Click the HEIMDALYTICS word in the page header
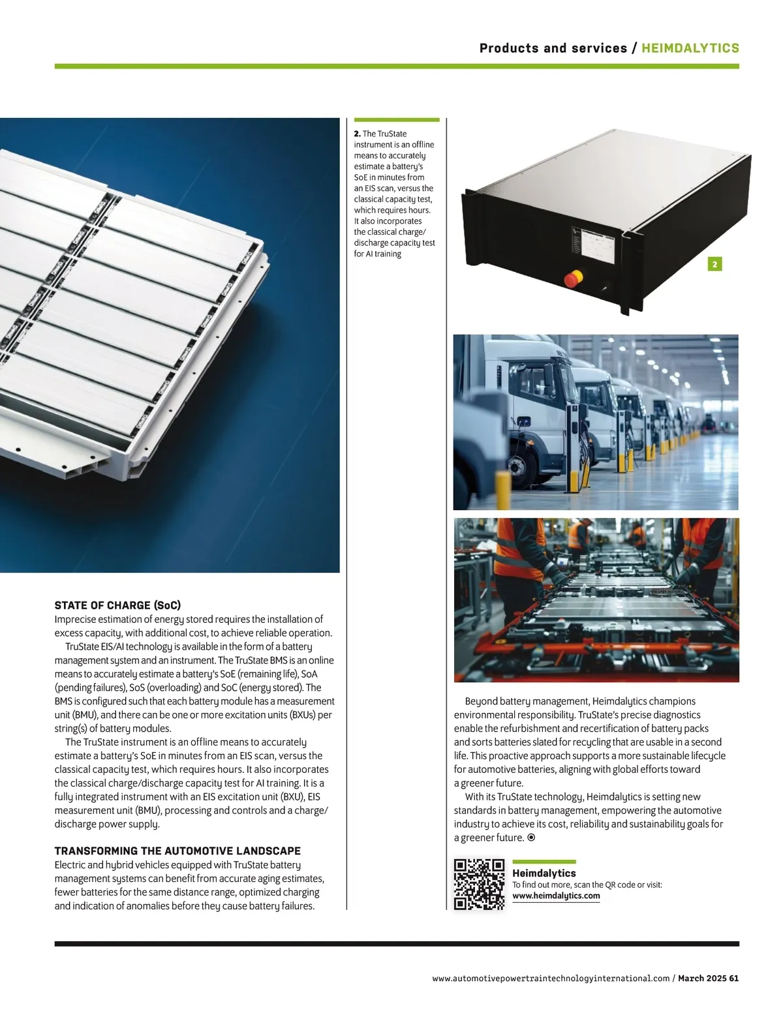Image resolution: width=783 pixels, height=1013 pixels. click(x=690, y=48)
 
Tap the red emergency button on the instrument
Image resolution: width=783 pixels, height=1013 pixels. click(x=573, y=278)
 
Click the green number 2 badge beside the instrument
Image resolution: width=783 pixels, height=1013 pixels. click(x=714, y=264)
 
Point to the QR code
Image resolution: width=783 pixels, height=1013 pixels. click(x=479, y=884)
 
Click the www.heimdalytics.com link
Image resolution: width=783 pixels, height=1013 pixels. click(x=556, y=896)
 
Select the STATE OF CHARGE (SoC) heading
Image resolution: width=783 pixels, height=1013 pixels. click(x=117, y=605)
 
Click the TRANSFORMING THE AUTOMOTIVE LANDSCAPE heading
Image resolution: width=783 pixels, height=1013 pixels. click(x=177, y=851)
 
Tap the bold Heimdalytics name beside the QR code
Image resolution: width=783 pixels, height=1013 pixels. click(x=544, y=873)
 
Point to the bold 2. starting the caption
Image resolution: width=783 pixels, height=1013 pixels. click(x=358, y=134)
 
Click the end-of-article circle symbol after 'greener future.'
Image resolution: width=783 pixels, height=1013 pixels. click(x=531, y=838)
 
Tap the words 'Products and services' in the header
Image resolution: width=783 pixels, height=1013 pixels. click(x=553, y=48)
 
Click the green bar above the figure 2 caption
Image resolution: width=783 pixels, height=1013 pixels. click(x=397, y=120)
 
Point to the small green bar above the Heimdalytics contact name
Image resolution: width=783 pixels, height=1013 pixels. click(x=544, y=862)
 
